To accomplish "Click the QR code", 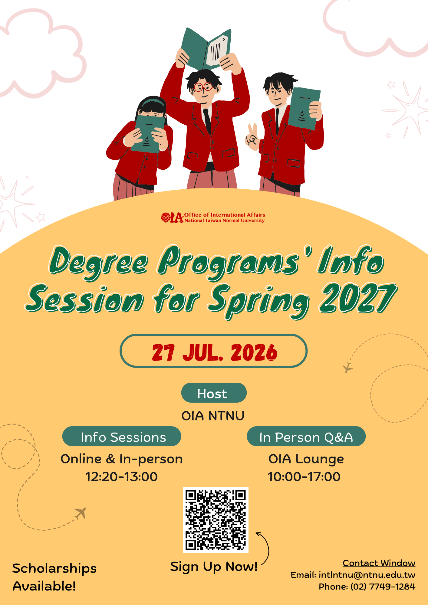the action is [216, 520].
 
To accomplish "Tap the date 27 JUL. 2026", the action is [214, 352].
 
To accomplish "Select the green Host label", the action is [214, 393].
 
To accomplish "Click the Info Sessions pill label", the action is [122, 436].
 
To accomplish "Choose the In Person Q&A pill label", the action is [306, 436].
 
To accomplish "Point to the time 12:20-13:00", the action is [121, 477].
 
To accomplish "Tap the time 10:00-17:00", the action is [304, 477].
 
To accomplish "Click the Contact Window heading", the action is [379, 563].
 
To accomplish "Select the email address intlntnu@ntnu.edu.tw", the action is [367, 575].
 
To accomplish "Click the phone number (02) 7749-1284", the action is [383, 587].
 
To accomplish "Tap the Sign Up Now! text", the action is [214, 567].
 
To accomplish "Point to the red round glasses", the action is [203, 87].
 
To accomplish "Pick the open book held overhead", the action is [206, 48].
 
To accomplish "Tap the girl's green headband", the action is [153, 102].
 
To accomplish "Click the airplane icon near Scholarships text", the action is [81, 513].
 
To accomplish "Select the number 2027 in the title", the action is [358, 298].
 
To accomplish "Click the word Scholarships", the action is [54, 569].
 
